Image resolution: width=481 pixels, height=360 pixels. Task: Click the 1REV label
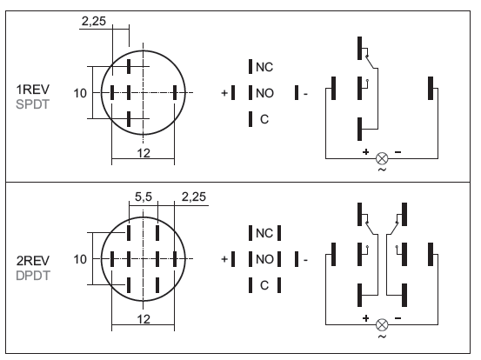click(32, 90)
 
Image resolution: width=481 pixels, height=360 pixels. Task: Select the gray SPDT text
click(32, 104)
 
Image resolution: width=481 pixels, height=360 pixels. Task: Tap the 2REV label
click(33, 261)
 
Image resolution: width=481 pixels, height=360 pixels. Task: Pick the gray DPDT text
click(33, 276)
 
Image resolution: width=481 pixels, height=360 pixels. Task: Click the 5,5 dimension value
click(144, 197)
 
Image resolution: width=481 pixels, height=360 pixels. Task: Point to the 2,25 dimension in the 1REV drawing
click(94, 21)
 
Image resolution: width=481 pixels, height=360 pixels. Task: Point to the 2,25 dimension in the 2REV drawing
click(194, 197)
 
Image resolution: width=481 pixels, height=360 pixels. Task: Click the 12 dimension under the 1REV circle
click(144, 153)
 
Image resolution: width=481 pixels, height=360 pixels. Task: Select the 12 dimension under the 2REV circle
click(144, 319)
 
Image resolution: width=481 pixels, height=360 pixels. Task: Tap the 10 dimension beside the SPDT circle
click(80, 93)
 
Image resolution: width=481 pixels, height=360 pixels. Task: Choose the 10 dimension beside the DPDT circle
click(80, 259)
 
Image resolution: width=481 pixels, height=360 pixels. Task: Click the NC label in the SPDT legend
click(264, 67)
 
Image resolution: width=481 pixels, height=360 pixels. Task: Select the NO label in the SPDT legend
click(264, 93)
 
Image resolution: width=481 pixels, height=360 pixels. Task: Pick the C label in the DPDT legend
click(264, 285)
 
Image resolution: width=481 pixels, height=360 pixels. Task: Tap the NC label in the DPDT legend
click(264, 233)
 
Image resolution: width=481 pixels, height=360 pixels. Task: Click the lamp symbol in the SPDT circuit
click(382, 158)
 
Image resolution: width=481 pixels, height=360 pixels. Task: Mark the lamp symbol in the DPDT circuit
click(382, 324)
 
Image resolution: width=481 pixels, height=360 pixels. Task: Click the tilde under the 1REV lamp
click(382, 170)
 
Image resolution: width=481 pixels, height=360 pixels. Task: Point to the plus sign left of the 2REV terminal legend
click(224, 259)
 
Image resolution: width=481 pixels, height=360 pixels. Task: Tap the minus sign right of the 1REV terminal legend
click(305, 94)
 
